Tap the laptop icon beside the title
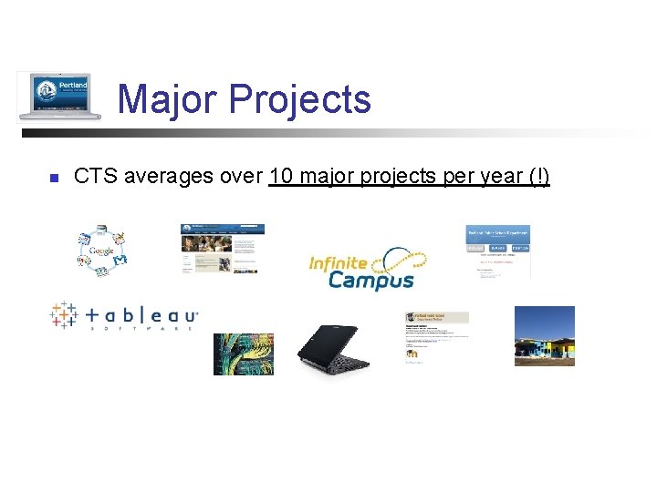[x=60, y=96]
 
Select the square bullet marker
[x=54, y=178]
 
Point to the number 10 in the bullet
[x=281, y=176]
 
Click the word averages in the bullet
[x=168, y=176]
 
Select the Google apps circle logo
[x=101, y=250]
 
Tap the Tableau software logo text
[x=141, y=316]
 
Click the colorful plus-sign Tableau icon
[x=63, y=315]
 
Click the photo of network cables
[x=243, y=354]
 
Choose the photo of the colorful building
[x=545, y=335]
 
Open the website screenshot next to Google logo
[x=223, y=249]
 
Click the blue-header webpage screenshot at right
[x=497, y=251]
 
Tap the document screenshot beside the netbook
[x=436, y=337]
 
